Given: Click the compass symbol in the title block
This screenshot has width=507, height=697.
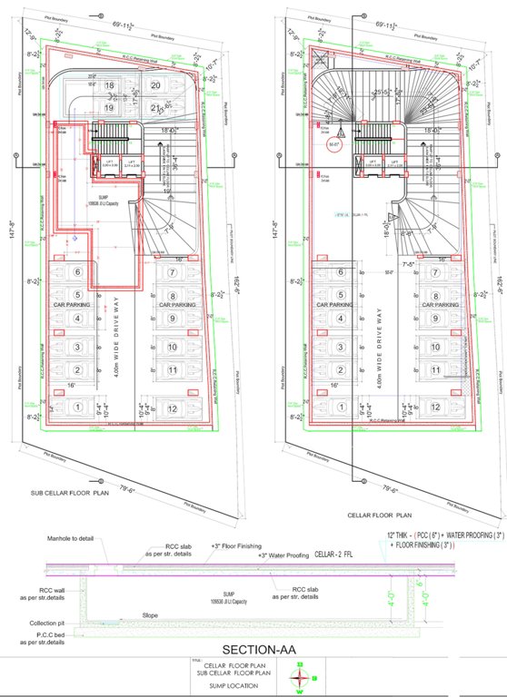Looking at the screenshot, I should tap(302, 677).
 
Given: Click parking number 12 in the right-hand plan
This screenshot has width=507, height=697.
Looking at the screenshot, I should tap(435, 406).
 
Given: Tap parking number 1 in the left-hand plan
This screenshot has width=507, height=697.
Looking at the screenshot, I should tap(78, 407).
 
